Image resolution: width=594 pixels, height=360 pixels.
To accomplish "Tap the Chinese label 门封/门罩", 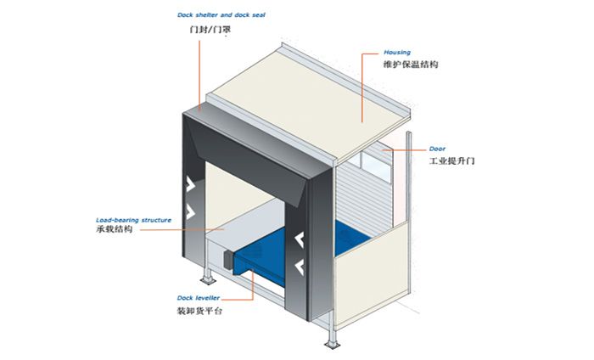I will coord(210,31).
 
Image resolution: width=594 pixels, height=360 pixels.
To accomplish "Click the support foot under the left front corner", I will coord(205,281).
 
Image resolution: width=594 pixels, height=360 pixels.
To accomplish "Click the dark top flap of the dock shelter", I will coord(255,136).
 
